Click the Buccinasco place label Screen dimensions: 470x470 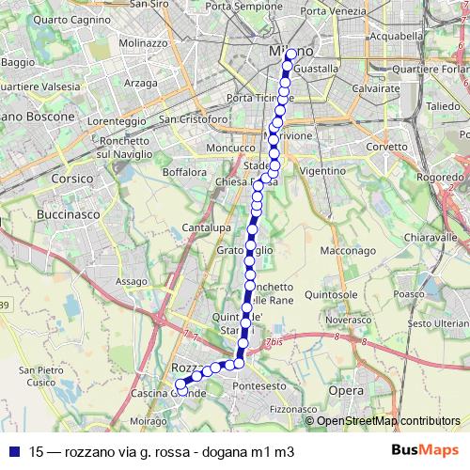[x=63, y=214]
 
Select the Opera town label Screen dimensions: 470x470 [x=345, y=388]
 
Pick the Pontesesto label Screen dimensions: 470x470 [x=258, y=386]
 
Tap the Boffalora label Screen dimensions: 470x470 [x=184, y=172]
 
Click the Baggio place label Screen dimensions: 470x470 [x=18, y=62]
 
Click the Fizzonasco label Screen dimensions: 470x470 [x=293, y=410]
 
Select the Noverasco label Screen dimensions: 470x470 [x=349, y=320]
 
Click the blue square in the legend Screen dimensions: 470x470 [x=12, y=451]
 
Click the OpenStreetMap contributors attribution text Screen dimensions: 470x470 [x=388, y=421]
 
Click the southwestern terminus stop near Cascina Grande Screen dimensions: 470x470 [x=178, y=383]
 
